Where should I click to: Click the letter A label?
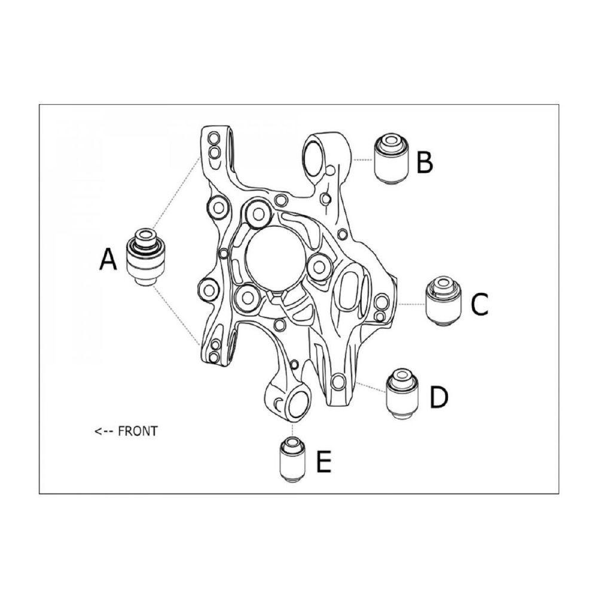click(x=108, y=259)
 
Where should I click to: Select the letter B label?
click(x=425, y=161)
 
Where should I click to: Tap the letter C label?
click(x=480, y=304)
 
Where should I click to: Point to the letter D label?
click(x=439, y=396)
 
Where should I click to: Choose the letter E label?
click(x=324, y=461)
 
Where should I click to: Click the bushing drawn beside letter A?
click(x=146, y=257)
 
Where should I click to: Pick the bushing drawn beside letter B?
click(x=391, y=158)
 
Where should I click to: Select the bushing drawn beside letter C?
click(x=443, y=301)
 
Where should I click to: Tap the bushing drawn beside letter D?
click(x=402, y=393)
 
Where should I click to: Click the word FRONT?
click(x=138, y=431)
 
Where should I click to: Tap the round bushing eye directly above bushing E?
click(x=297, y=405)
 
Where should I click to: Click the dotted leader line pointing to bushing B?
click(x=363, y=160)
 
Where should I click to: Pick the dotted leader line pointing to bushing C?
click(x=411, y=304)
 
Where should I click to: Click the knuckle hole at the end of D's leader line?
click(x=338, y=382)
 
